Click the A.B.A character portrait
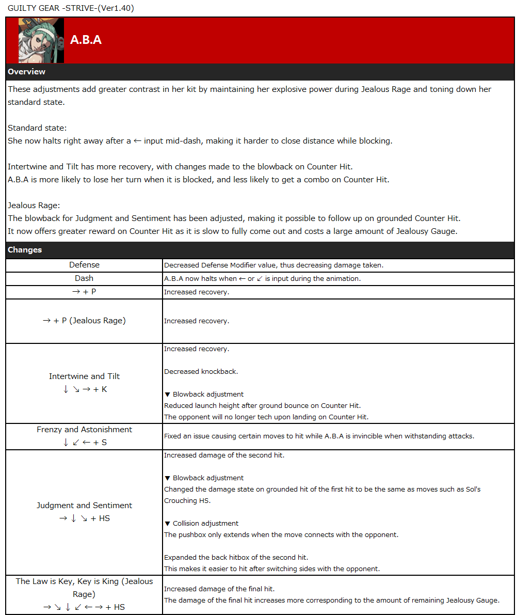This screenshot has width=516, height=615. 41,41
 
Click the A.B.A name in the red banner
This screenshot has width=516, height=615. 86,40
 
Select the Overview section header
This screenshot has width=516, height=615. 27,72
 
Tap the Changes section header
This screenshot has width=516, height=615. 25,250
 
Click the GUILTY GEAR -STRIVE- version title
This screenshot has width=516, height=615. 71,8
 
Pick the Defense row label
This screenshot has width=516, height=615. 84,265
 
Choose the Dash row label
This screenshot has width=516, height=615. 84,278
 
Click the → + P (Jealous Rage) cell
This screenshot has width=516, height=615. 84,321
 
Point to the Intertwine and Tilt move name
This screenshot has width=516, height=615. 84,376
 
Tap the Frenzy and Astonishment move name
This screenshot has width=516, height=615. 84,430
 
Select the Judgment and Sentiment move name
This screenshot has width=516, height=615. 84,506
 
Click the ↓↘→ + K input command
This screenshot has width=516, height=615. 84,389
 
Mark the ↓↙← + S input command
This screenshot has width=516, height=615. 84,443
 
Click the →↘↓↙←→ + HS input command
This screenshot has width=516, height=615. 84,607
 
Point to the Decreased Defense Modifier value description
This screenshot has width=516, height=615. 273,265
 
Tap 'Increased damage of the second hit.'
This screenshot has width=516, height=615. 224,455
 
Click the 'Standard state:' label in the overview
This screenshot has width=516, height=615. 37,128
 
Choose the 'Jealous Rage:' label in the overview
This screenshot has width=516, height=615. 34,206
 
